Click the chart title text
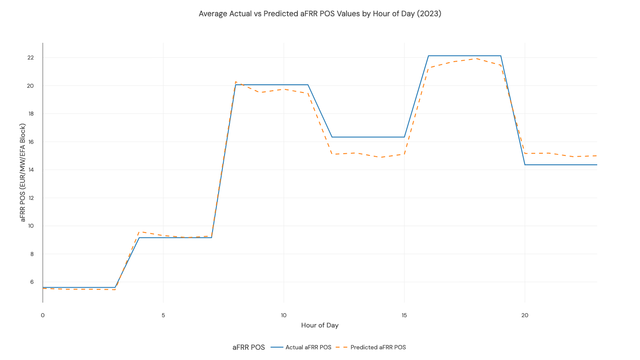pyautogui.click(x=320, y=14)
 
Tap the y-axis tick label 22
pyautogui.click(x=30, y=58)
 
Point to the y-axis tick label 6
pyautogui.click(x=32, y=282)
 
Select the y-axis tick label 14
pyautogui.click(x=30, y=170)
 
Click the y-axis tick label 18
pyautogui.click(x=30, y=114)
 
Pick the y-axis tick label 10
pyautogui.click(x=30, y=226)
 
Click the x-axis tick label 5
pyautogui.click(x=163, y=315)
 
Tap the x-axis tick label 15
pyautogui.click(x=404, y=315)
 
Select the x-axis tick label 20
pyautogui.click(x=524, y=315)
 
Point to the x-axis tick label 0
pyautogui.click(x=43, y=315)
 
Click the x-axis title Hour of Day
pyautogui.click(x=320, y=325)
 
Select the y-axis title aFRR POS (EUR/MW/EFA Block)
pyautogui.click(x=23, y=173)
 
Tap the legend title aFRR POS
pyautogui.click(x=249, y=347)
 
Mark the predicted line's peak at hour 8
pyautogui.click(x=236, y=82)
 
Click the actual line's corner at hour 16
pyautogui.click(x=428, y=56)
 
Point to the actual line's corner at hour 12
pyautogui.click(x=332, y=137)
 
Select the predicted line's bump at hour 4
pyautogui.click(x=139, y=232)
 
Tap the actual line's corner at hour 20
pyautogui.click(x=525, y=165)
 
